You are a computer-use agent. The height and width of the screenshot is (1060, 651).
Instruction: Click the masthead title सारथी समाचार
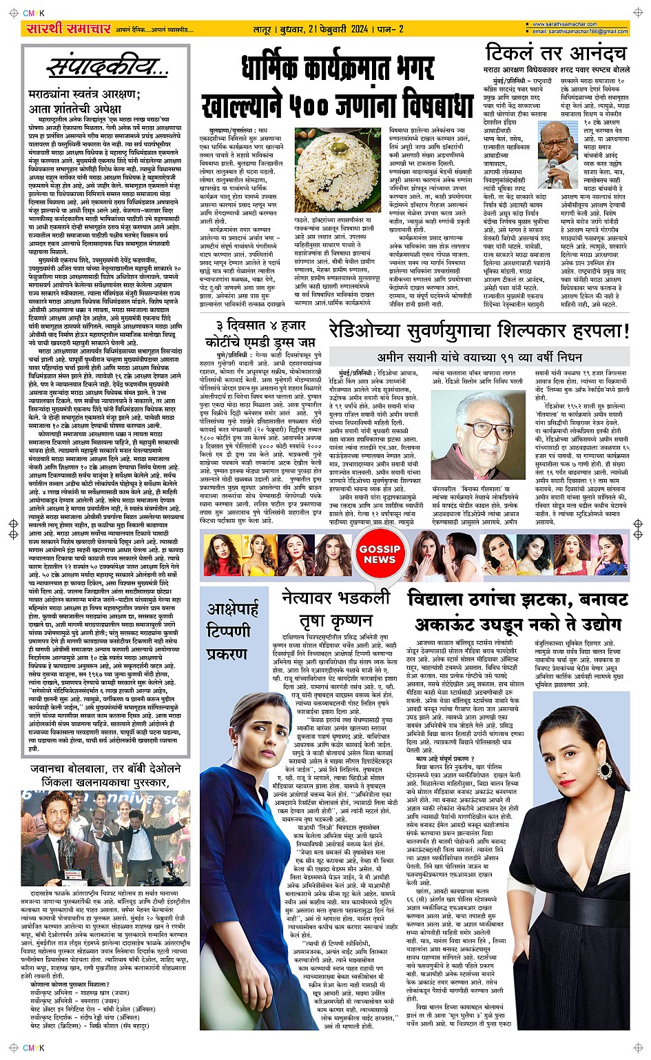(x=68, y=28)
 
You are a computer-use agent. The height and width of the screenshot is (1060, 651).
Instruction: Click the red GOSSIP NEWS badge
(x=379, y=554)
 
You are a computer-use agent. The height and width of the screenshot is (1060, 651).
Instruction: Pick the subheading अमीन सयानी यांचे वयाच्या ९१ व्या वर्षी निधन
(x=479, y=357)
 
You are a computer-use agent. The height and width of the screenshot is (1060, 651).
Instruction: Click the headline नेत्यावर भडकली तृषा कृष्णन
(x=336, y=608)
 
